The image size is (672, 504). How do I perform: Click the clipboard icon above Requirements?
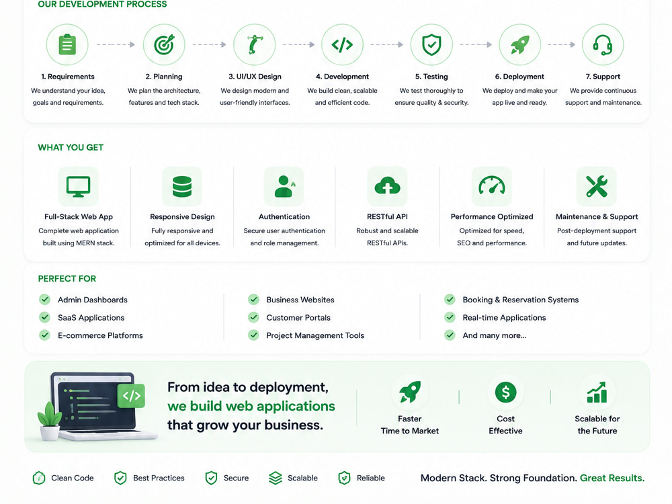(x=67, y=44)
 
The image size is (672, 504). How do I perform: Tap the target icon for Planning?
(x=164, y=44)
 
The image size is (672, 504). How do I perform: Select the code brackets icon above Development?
(x=343, y=44)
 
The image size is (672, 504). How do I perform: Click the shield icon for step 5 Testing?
(x=431, y=44)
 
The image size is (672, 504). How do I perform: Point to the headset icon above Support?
(x=603, y=44)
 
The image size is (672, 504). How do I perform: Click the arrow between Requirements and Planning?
(x=116, y=44)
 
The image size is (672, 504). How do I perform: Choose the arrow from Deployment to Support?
(x=561, y=44)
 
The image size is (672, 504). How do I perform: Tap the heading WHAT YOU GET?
(x=71, y=147)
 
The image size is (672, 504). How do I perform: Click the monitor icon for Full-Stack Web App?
(x=79, y=186)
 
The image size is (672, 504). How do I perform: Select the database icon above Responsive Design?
(x=182, y=186)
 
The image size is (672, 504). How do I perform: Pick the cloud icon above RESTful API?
(x=388, y=186)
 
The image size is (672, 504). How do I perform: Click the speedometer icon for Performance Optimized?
(x=492, y=185)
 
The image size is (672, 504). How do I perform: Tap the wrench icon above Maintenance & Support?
(x=597, y=186)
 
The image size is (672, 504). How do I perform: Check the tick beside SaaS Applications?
(x=44, y=317)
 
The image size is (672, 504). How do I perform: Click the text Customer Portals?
(x=298, y=318)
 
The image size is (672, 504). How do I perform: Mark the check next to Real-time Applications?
(x=450, y=317)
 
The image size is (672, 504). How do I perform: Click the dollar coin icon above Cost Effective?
(x=506, y=392)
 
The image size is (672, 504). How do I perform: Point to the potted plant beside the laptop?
(x=49, y=420)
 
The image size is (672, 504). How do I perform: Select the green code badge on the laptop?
(x=131, y=396)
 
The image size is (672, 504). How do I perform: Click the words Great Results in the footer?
(x=612, y=478)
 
